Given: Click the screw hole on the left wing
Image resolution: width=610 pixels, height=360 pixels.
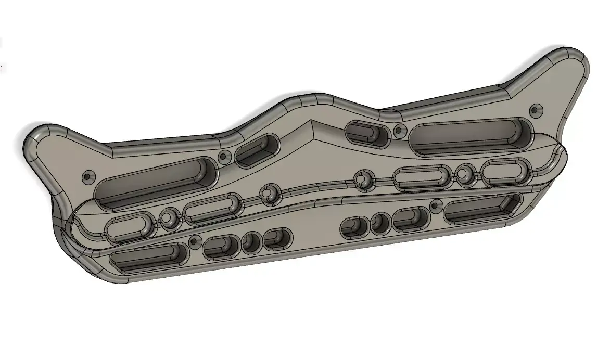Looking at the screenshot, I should click(87, 176).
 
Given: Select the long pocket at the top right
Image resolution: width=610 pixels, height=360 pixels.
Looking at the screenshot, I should click(471, 137).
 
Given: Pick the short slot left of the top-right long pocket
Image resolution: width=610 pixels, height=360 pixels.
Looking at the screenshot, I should click(367, 133).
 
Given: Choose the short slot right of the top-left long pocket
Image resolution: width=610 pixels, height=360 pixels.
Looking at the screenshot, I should click(257, 150).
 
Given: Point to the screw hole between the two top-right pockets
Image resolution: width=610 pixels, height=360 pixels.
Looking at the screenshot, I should click(399, 130).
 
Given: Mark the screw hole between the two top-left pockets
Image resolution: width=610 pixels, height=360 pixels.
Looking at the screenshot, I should click(224, 156).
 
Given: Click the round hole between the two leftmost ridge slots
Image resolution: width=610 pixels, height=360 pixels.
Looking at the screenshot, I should click(168, 217).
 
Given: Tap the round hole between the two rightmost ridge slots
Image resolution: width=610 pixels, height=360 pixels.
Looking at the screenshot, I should click(464, 173).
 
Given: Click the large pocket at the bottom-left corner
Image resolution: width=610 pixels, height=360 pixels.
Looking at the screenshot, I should click(149, 258).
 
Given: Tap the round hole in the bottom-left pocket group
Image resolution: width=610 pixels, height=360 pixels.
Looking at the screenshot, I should click(252, 241).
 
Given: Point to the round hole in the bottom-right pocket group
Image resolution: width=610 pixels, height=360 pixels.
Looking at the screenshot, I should click(380, 223).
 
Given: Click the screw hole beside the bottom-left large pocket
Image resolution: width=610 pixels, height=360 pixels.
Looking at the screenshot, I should click(195, 241).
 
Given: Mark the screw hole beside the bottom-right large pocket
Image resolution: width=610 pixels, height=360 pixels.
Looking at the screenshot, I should click(434, 207).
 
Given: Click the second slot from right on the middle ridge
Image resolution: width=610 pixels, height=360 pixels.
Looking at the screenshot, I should click(422, 177).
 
